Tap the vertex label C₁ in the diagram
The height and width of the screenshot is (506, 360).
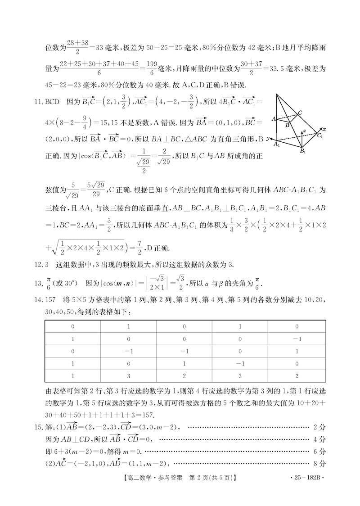click(x=320, y=136)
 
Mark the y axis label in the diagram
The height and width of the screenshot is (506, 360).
click(x=268, y=139)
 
